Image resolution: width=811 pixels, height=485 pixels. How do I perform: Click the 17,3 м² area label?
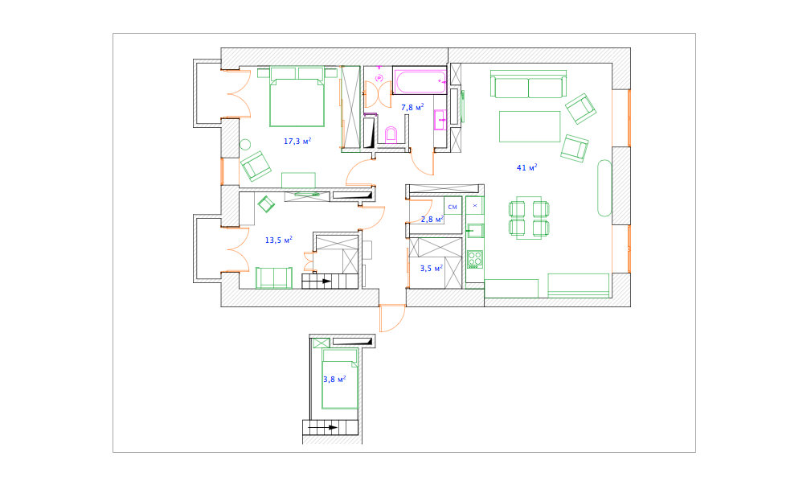click(297, 141)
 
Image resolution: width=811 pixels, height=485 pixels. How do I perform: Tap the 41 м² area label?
click(527, 167)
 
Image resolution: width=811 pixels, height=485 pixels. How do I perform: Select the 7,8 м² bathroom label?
click(413, 107)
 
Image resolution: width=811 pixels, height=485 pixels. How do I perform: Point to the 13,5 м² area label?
click(279, 240)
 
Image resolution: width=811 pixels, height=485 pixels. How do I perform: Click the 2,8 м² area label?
click(432, 219)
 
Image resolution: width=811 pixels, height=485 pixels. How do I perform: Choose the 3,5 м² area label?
click(432, 268)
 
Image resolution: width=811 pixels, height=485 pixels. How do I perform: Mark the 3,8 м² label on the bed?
click(334, 379)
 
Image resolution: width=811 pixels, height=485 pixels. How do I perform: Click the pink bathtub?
click(420, 81)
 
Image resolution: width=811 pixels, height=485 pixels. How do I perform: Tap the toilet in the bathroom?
click(391, 134)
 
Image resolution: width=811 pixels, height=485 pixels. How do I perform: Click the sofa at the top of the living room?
click(528, 84)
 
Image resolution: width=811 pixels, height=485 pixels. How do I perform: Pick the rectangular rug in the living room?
click(530, 126)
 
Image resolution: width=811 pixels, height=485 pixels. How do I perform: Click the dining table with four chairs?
click(529, 218)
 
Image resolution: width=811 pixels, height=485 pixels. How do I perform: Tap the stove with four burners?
click(475, 259)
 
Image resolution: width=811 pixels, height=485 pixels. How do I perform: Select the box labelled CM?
click(453, 207)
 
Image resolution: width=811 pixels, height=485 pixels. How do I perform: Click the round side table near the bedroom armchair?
click(245, 145)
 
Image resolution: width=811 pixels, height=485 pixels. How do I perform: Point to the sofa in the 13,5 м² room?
click(274, 277)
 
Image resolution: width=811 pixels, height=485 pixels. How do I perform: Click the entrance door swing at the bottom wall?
click(393, 319)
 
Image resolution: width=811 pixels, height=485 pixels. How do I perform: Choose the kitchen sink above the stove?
click(475, 230)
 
